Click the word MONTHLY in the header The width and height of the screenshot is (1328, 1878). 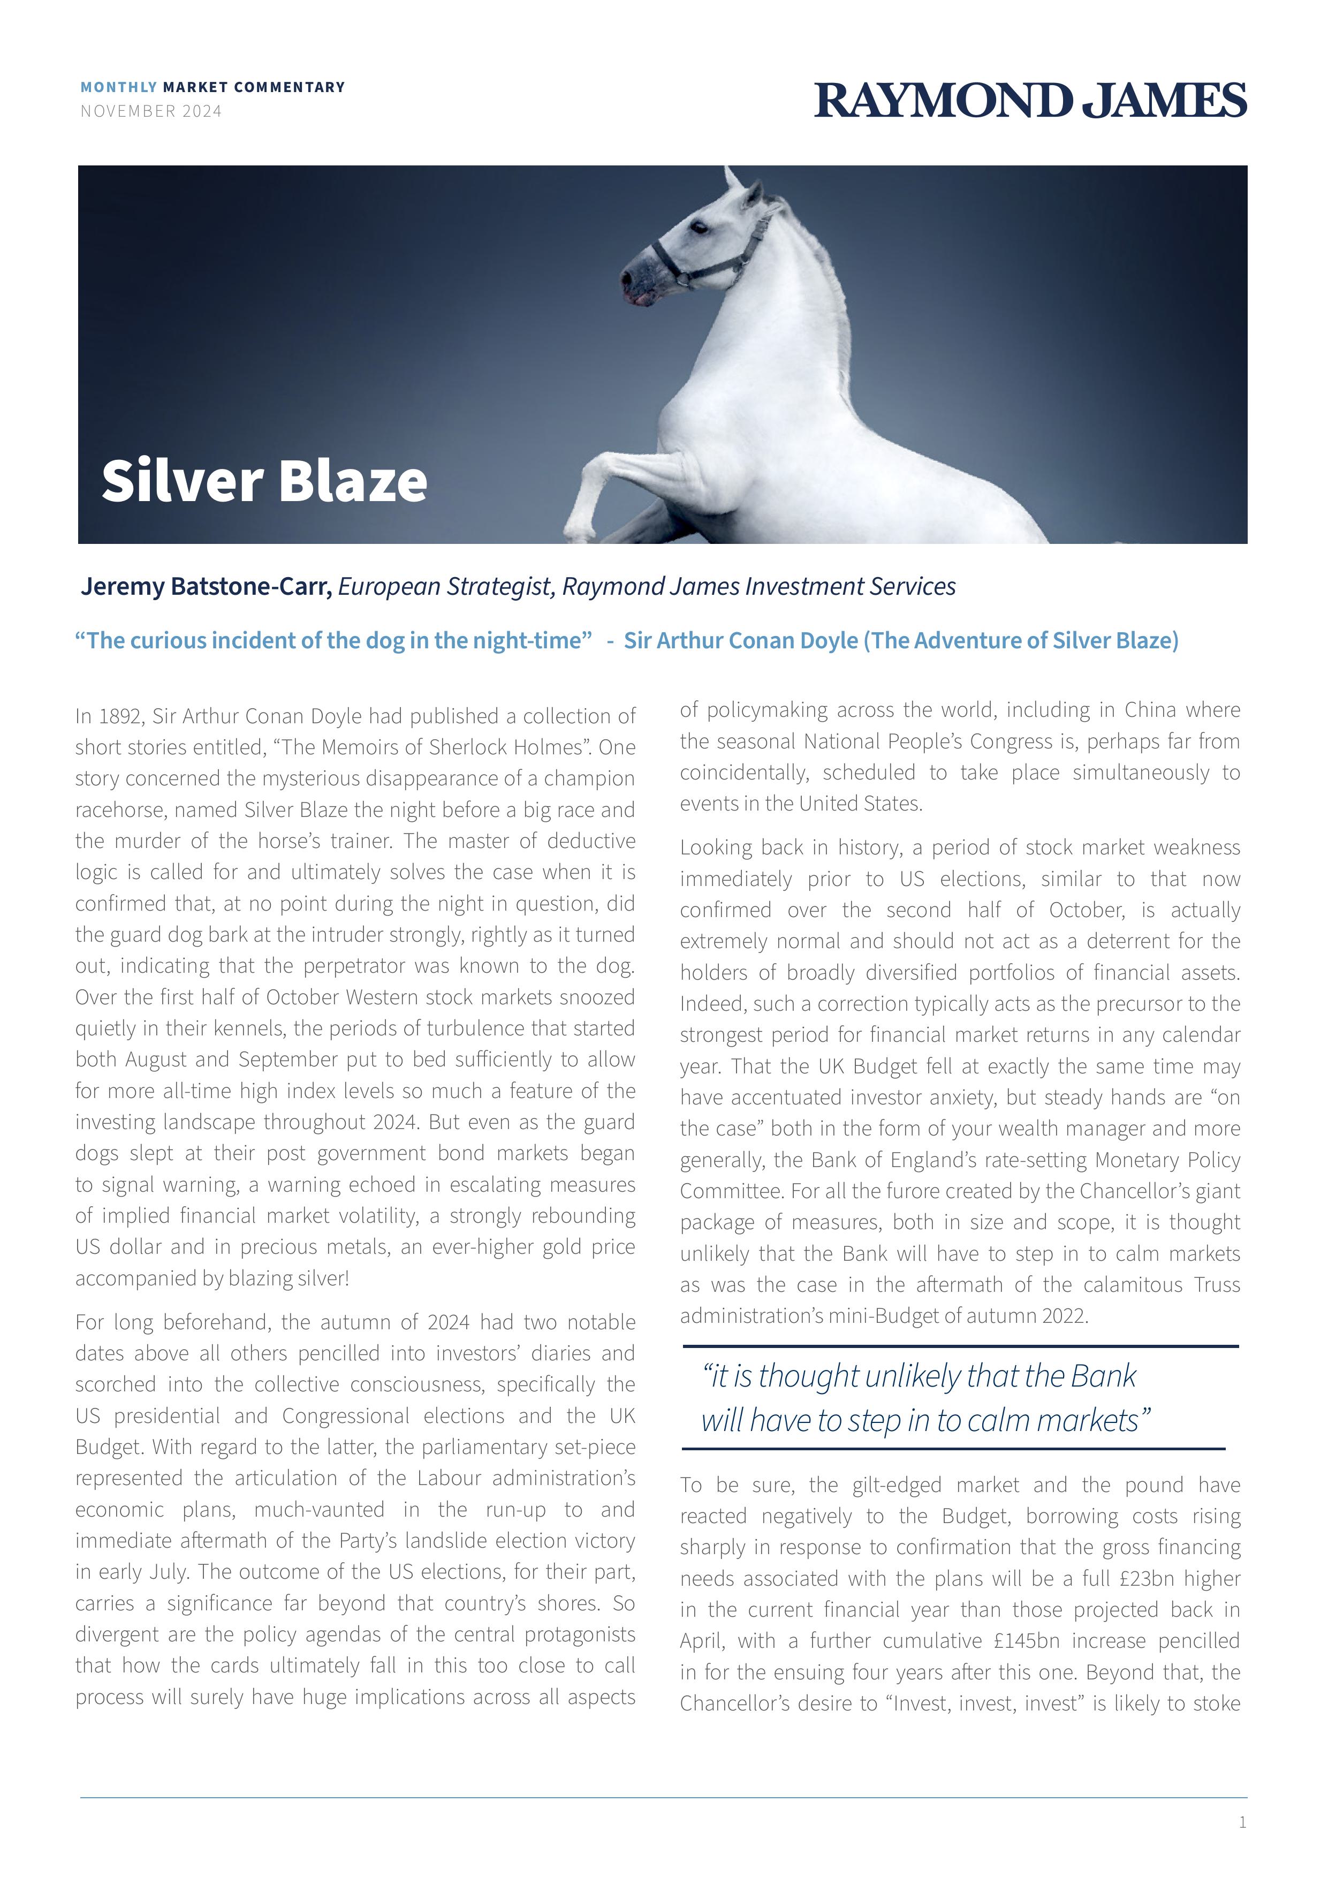(x=119, y=87)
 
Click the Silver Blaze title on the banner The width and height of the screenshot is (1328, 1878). (x=264, y=480)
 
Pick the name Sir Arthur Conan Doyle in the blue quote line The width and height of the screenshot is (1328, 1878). (x=740, y=640)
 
